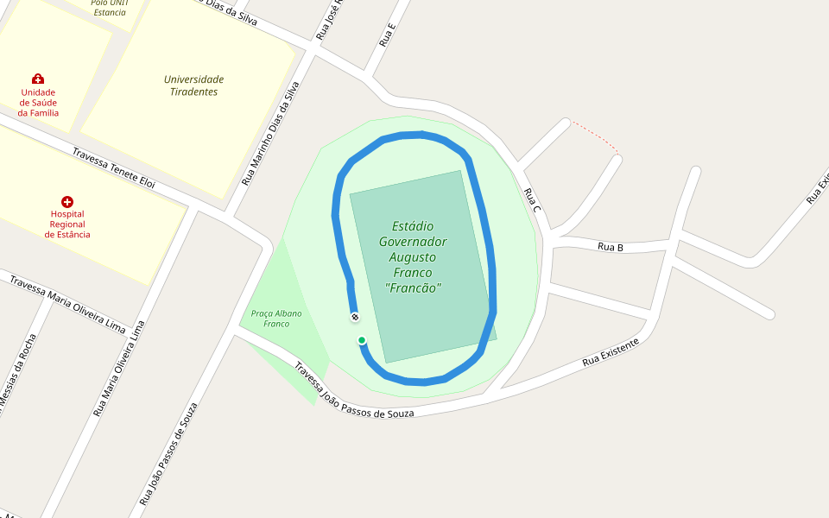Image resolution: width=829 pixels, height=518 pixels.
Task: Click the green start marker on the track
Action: point(362,340)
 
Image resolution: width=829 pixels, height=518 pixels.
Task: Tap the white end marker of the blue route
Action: point(355,317)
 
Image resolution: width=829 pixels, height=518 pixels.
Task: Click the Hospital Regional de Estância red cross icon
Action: point(67,201)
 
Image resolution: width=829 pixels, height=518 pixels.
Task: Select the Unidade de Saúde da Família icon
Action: point(38,79)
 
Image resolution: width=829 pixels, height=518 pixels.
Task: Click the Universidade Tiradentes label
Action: point(193,85)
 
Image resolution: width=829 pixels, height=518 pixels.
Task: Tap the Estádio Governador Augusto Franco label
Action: point(413,256)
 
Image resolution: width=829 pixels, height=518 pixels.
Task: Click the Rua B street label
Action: point(611,247)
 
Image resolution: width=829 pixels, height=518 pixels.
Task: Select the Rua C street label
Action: point(532,202)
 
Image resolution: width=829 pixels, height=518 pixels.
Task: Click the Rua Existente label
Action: point(611,351)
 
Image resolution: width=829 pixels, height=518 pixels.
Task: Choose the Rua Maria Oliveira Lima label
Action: point(116,366)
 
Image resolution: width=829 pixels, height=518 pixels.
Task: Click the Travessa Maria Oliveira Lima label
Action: point(67,303)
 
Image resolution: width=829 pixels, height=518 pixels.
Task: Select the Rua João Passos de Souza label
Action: point(168,453)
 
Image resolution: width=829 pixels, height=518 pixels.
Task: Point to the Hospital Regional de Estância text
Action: point(67,224)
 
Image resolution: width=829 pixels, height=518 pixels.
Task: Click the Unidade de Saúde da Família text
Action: point(38,103)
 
